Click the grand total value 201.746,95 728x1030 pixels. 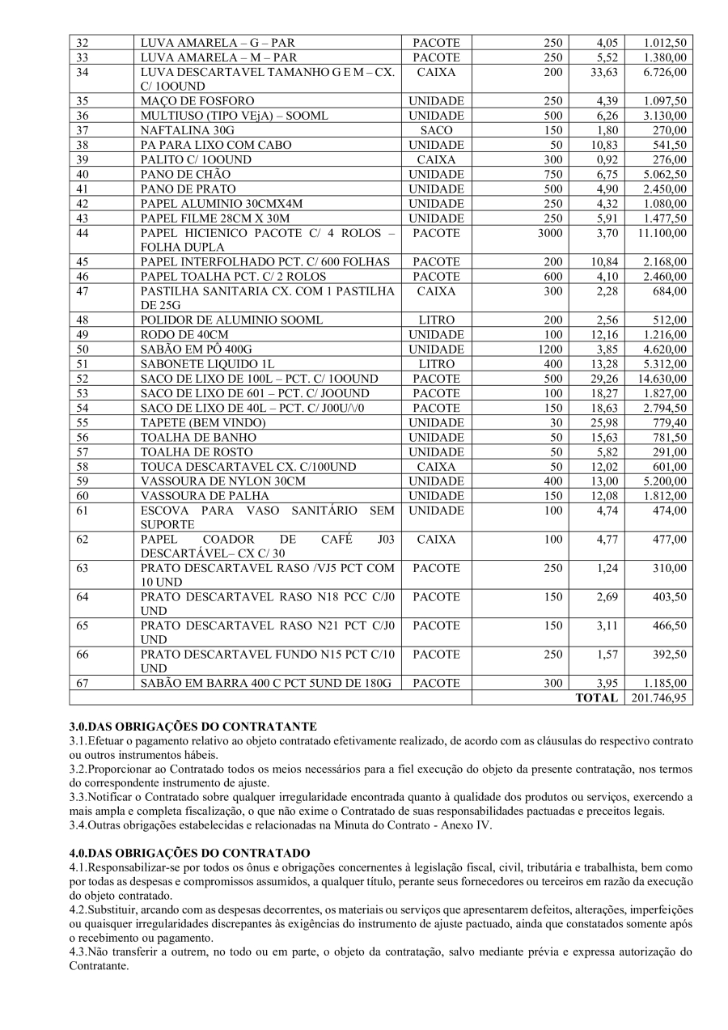point(658,697)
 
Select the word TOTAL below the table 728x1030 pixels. point(596,697)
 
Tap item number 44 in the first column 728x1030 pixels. point(82,234)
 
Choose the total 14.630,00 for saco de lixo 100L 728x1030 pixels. point(661,379)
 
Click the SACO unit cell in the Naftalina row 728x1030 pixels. point(436,130)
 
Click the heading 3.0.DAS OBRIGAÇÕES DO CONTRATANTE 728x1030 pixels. point(193,727)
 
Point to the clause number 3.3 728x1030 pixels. point(78,797)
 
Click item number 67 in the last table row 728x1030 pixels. point(82,683)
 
